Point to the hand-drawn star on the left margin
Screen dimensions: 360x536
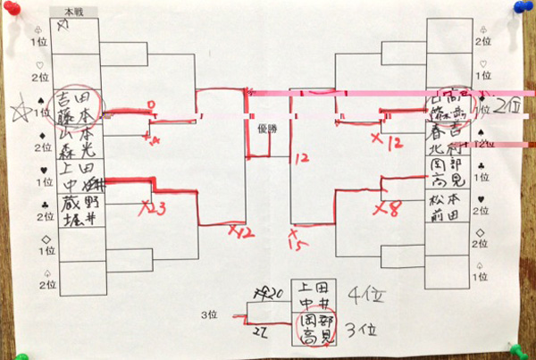(x=17, y=113)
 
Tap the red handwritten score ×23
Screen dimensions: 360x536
(x=153, y=207)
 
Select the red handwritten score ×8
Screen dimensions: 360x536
(x=389, y=209)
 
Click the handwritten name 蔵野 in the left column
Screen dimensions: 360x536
(x=80, y=206)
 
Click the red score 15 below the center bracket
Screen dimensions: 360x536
(x=296, y=241)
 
